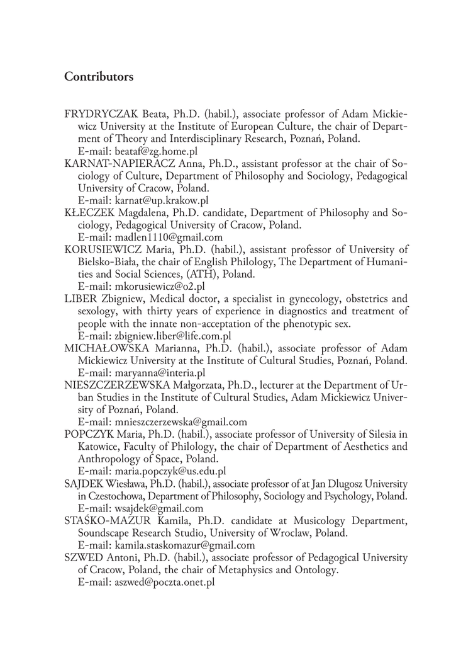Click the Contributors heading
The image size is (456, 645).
click(x=99, y=77)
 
